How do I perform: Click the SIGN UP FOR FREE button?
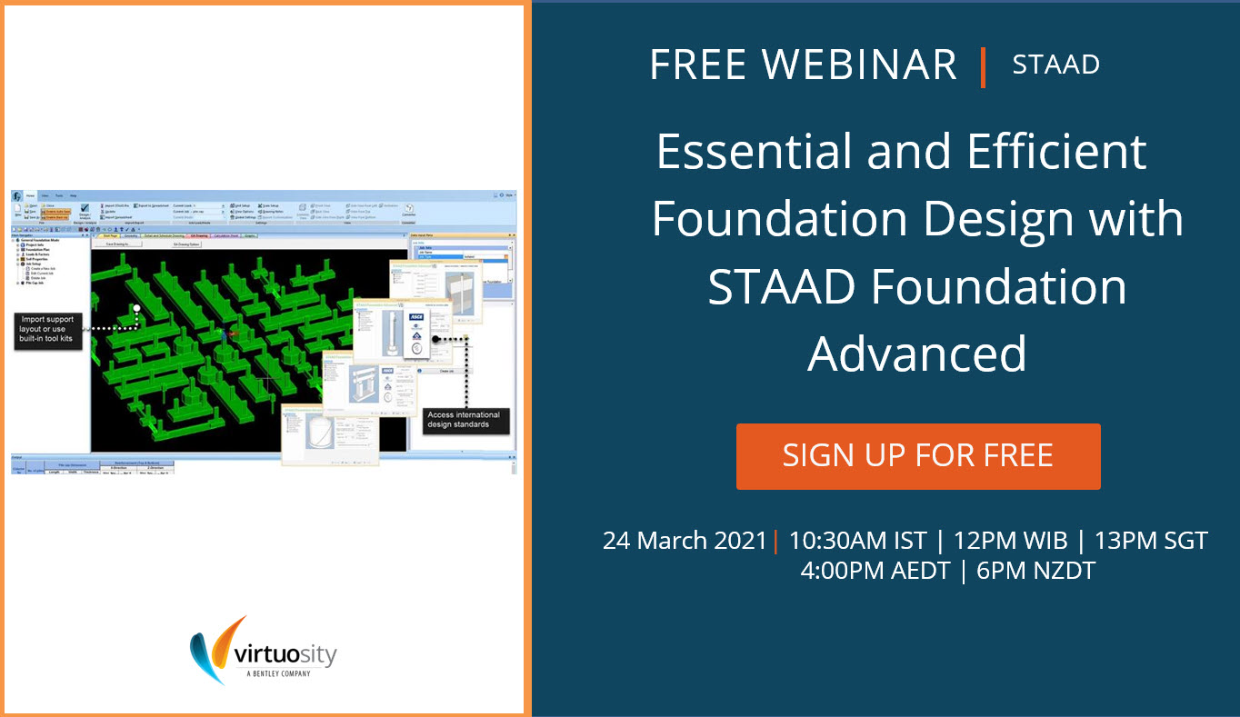918,455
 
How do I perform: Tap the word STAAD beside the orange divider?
1055,65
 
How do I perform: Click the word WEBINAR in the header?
859,65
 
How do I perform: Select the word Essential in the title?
754,152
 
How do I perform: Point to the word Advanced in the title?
917,354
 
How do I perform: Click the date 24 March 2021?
685,541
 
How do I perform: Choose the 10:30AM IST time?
857,541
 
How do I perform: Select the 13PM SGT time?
1151,541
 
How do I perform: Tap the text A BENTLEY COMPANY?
278,673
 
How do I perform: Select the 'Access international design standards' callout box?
465,420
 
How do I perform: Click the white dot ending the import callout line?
135,309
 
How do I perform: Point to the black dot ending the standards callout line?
436,339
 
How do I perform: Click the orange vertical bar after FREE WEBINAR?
983,66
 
